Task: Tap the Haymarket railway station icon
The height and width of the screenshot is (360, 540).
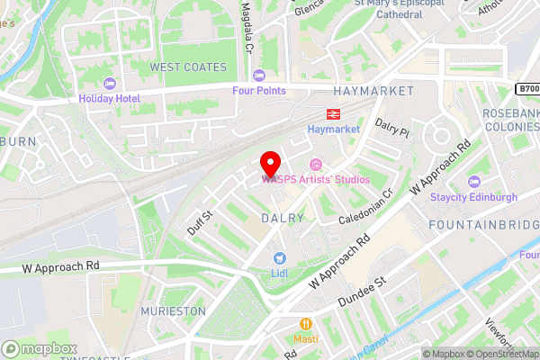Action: [x=332, y=113]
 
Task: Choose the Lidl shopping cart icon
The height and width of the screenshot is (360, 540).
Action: [x=279, y=257]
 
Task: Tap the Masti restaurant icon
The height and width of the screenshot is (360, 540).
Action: [x=306, y=323]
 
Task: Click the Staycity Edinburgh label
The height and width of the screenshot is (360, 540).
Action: [x=474, y=197]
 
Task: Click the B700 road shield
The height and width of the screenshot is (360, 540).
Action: [x=527, y=89]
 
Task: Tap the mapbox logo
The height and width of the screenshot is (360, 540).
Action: [x=40, y=348]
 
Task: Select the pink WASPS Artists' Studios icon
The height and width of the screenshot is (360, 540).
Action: [x=316, y=164]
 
